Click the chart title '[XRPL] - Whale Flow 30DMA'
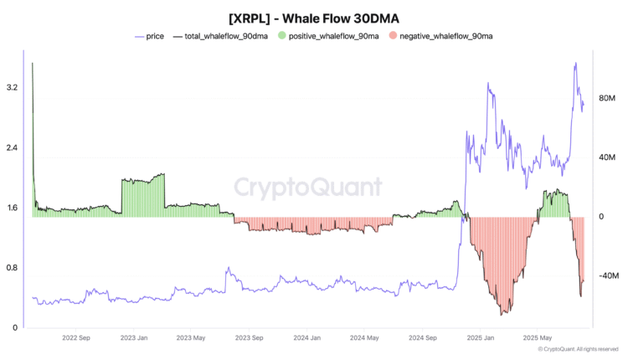[313, 18]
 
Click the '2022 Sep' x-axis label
[76, 338]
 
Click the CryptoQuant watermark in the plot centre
[306, 186]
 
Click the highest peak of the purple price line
[574, 64]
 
